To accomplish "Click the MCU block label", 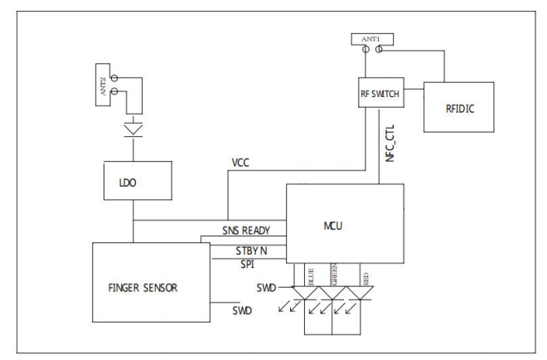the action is tap(333, 226).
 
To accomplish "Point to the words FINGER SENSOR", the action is tap(143, 288).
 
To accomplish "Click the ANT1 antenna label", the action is tap(370, 39).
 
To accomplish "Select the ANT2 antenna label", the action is tap(103, 86).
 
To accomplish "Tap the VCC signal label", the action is tap(240, 163).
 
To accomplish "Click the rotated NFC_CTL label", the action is tap(390, 144).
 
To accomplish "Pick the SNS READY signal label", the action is tap(246, 231).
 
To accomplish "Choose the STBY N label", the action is tap(251, 251).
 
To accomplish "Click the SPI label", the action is tap(247, 265).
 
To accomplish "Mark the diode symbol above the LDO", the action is tap(133, 129).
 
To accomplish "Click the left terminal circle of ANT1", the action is tap(365, 49).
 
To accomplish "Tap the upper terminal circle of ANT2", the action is tap(114, 78).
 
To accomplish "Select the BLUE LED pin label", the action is tap(311, 277).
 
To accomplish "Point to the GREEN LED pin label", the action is tap(334, 275).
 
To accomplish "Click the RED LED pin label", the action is tap(365, 279).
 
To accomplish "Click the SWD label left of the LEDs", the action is tap(266, 288).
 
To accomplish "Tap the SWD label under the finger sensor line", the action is tap(242, 310).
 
